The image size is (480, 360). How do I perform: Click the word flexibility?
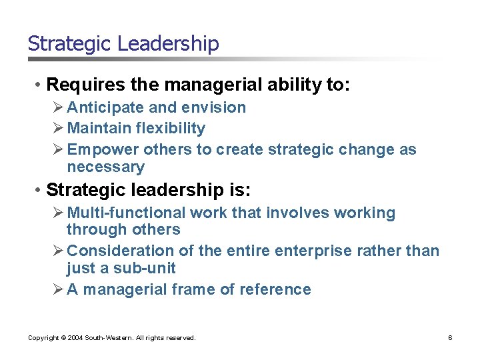click(171, 128)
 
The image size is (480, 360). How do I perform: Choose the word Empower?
click(103, 149)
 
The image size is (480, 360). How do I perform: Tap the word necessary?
click(105, 167)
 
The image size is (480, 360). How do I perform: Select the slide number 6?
click(450, 338)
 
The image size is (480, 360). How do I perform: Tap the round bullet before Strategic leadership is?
click(39, 190)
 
